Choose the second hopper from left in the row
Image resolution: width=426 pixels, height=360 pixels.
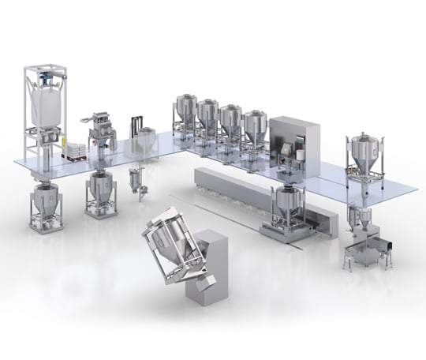click(x=208, y=118)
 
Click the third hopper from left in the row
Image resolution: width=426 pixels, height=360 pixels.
click(x=231, y=123)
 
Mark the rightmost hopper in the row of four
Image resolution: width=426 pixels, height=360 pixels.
click(x=254, y=128)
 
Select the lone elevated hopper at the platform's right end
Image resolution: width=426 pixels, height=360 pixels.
click(x=364, y=154)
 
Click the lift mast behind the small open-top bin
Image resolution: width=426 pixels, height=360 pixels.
click(x=136, y=126)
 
